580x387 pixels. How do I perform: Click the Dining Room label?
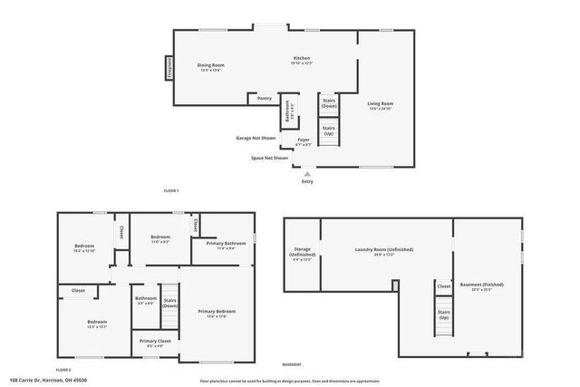tap(211, 65)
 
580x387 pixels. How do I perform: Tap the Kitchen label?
tap(301, 60)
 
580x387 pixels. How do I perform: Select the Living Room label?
tap(381, 104)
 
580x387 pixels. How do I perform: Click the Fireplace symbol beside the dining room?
tap(169, 69)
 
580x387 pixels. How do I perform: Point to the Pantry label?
tap(265, 98)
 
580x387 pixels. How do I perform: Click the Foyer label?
tap(304, 140)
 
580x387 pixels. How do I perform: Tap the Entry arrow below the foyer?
tap(307, 172)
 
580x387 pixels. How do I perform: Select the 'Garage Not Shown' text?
tap(256, 138)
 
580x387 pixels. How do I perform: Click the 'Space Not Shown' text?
tap(270, 158)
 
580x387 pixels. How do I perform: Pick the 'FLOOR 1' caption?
tap(171, 190)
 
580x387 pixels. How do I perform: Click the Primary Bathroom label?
tap(226, 244)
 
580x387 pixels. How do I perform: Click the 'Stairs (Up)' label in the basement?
tap(443, 314)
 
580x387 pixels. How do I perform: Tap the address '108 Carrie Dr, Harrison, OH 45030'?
tap(49, 381)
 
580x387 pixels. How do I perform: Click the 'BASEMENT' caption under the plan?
tap(291, 364)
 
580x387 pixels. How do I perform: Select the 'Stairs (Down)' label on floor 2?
tap(169, 302)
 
